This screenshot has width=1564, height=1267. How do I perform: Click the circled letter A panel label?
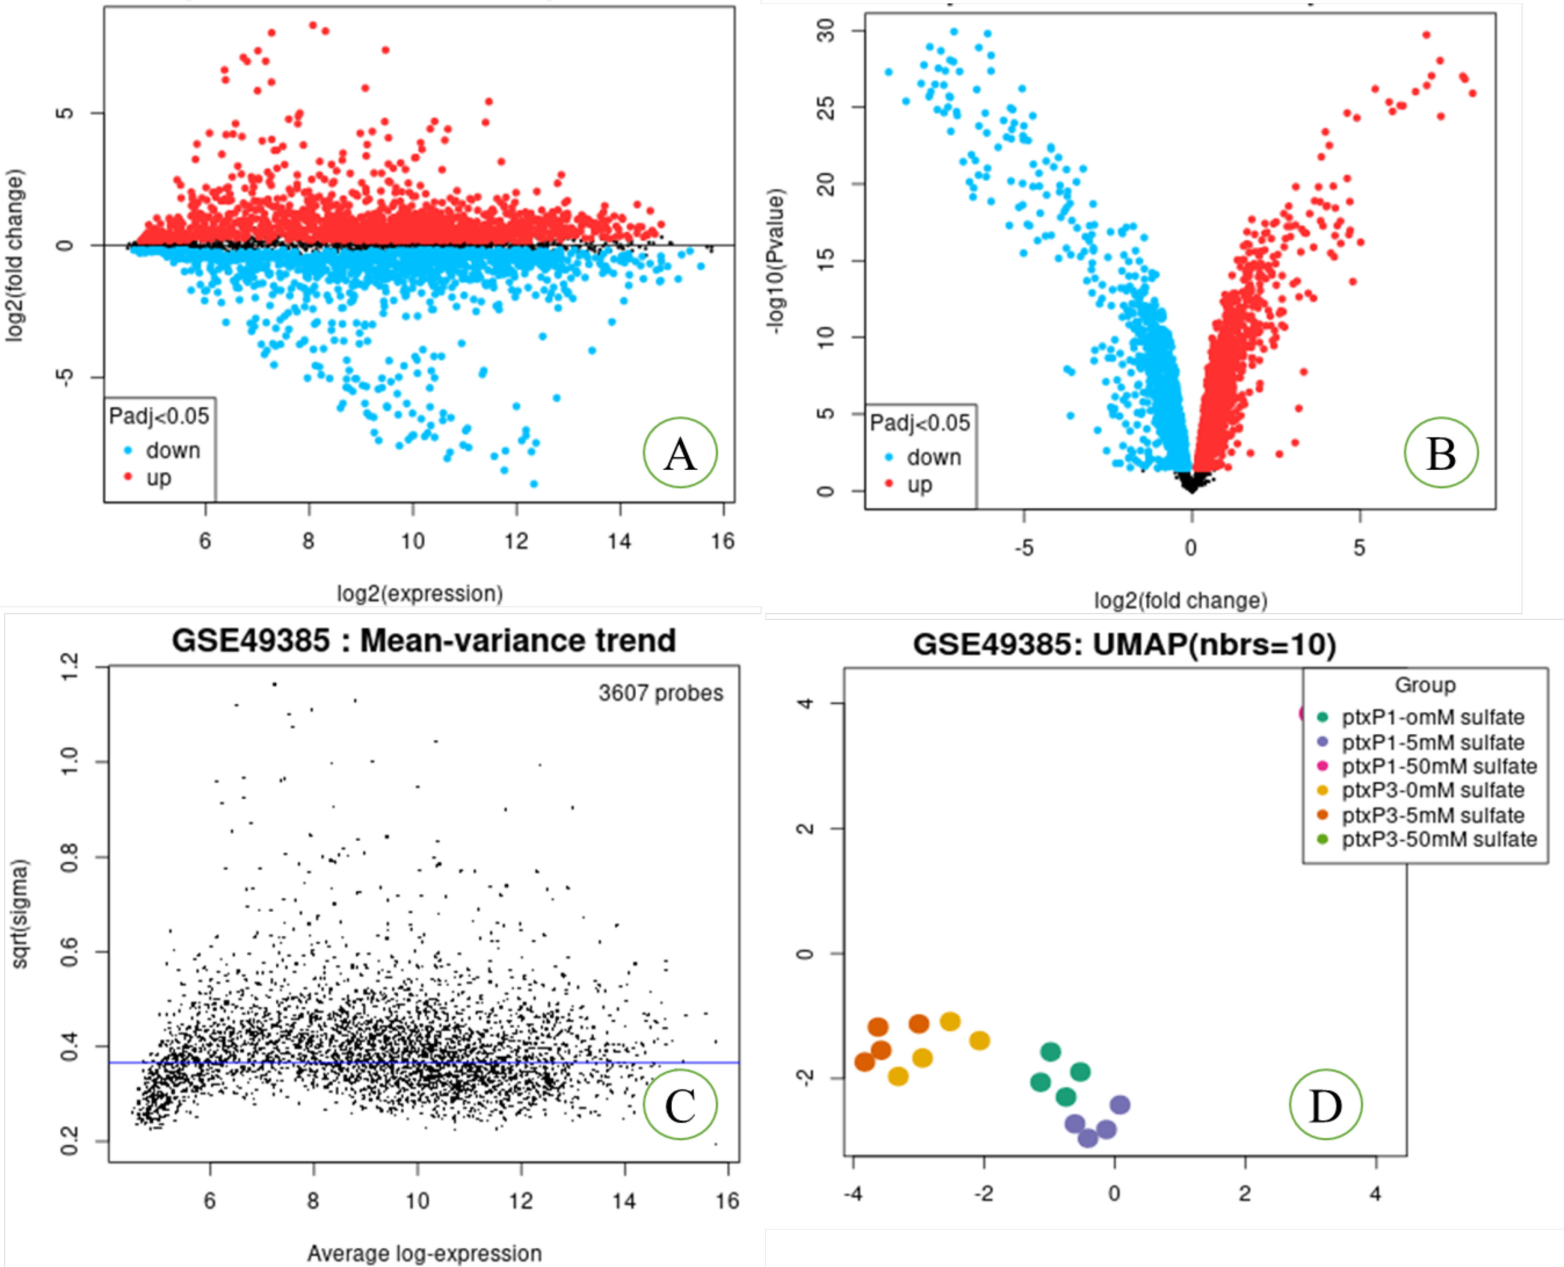(680, 453)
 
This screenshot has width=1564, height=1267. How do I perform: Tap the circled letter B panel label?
(1441, 453)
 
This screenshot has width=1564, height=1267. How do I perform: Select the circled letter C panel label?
(680, 1105)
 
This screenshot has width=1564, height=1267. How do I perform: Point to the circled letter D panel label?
(1325, 1105)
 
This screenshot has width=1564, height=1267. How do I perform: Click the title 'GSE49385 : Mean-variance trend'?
(423, 640)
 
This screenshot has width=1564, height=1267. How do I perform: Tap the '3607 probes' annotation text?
(660, 693)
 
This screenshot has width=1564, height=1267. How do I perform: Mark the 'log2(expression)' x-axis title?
(420, 594)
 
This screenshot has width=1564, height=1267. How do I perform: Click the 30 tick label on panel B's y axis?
(825, 31)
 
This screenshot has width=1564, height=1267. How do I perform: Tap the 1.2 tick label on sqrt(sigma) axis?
(69, 666)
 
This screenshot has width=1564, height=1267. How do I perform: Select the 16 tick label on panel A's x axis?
(723, 541)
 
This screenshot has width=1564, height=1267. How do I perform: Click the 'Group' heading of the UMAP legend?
(1425, 685)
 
